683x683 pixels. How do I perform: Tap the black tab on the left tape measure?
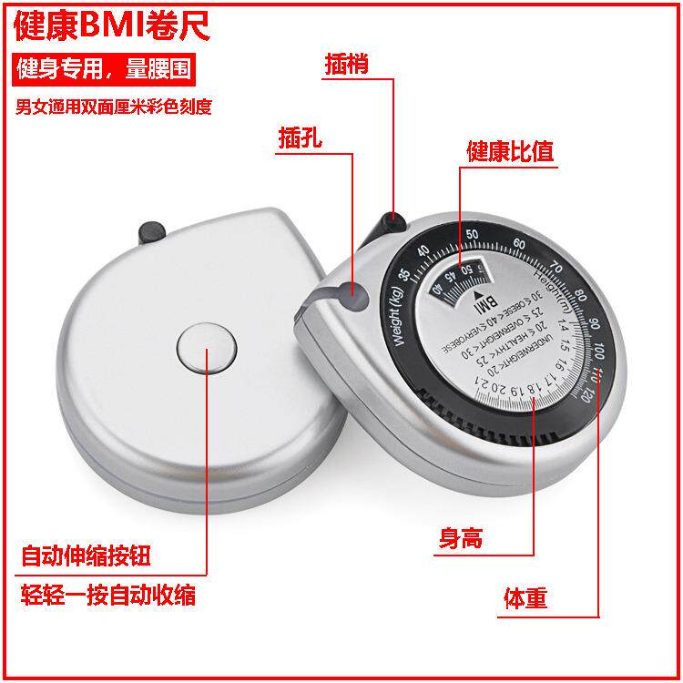148,231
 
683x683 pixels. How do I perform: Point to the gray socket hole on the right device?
352,293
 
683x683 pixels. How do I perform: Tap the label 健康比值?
509,150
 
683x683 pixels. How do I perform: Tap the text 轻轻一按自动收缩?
107,596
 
